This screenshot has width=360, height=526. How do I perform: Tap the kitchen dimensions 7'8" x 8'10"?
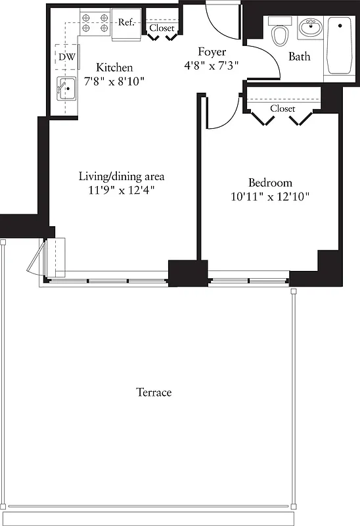[x=114, y=82]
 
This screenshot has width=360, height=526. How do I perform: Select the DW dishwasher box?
[x=67, y=57]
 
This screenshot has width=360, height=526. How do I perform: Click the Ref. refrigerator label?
[x=127, y=22]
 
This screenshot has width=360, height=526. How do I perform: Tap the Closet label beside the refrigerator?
[x=162, y=28]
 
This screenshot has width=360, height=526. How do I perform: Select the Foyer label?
[x=212, y=51]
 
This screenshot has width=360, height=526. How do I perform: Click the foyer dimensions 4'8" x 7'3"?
[x=212, y=65]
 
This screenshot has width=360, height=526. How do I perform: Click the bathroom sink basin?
[x=309, y=29]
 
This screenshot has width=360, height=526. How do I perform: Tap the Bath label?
[x=299, y=57]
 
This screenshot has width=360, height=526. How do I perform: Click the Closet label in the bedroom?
[x=282, y=108]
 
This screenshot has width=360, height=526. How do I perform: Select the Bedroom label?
[x=270, y=182]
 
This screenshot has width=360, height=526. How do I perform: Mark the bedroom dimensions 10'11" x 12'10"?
[x=270, y=196]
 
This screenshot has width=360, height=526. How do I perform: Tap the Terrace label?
[x=154, y=393]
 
